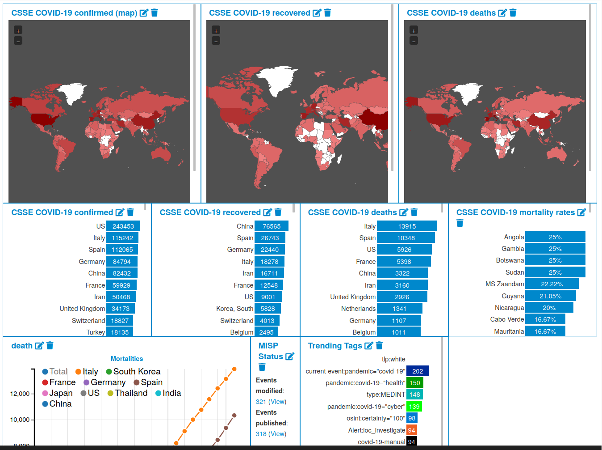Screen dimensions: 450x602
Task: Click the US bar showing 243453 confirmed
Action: click(123, 226)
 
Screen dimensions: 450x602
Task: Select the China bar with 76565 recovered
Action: click(271, 226)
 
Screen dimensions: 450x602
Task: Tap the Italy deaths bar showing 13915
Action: click(406, 226)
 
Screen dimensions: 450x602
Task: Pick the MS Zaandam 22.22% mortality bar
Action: click(552, 284)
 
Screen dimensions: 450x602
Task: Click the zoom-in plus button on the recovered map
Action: click(216, 31)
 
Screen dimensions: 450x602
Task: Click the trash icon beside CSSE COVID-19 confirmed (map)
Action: click(155, 13)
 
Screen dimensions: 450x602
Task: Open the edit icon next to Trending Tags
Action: click(368, 346)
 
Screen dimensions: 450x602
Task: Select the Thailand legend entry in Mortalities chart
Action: click(127, 393)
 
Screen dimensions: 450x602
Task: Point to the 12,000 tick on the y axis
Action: click(20, 394)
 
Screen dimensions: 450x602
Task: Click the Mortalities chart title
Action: click(127, 359)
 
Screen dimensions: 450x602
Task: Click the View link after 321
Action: click(278, 402)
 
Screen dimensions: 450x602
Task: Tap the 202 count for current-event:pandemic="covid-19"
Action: click(418, 371)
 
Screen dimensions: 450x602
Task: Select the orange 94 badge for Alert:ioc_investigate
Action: click(411, 430)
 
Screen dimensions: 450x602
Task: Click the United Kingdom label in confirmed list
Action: click(82, 309)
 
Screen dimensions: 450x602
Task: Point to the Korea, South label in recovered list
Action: click(234, 309)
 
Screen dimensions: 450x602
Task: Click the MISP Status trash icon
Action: click(262, 367)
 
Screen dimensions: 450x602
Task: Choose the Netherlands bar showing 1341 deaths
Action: click(399, 309)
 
